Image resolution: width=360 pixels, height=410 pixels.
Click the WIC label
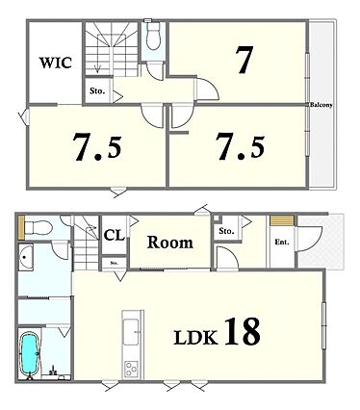tap(55, 63)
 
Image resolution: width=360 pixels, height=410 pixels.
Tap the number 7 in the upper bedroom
tap(244, 60)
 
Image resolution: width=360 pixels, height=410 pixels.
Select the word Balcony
tap(321, 105)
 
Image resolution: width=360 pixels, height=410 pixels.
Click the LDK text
tap(195, 337)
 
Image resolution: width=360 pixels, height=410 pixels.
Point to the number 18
tap(242, 331)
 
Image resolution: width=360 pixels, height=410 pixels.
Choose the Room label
tap(170, 243)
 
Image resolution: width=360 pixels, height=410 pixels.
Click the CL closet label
tap(114, 236)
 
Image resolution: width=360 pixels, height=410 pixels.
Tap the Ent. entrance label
tap(282, 243)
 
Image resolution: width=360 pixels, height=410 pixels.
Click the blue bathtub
tap(30, 353)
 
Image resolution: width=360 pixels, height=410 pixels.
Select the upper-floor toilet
tap(153, 37)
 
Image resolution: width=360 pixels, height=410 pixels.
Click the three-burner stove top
tap(131, 369)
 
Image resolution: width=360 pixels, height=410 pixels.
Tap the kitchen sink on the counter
tap(131, 332)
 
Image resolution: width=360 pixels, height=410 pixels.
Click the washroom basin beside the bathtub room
tap(26, 257)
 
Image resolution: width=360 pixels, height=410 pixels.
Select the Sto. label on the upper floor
tap(97, 91)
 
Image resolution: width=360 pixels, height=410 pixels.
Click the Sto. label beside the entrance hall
tap(226, 231)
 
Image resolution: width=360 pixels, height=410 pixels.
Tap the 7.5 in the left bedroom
tap(97, 147)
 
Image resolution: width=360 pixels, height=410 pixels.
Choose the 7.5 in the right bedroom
tap(241, 147)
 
